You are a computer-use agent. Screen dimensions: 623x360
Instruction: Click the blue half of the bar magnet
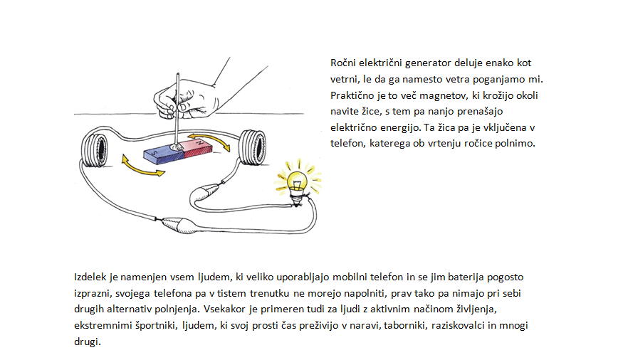164,156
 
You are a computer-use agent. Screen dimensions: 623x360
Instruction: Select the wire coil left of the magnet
95,150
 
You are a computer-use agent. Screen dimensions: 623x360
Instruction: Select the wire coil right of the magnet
252,147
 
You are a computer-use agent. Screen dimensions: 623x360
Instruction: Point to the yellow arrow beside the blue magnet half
142,166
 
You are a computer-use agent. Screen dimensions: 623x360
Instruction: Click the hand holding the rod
187,99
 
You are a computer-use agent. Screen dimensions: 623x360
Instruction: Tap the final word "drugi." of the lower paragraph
88,342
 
